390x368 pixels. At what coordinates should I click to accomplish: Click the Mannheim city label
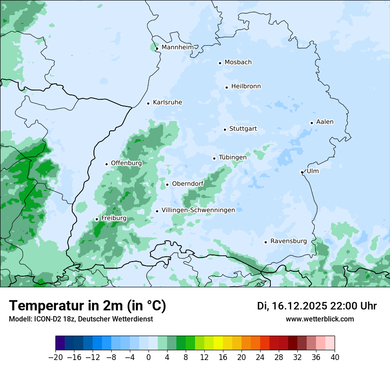(x=177, y=47)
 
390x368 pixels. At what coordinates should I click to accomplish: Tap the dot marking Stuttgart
(x=225, y=129)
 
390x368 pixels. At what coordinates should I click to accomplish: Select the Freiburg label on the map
(x=114, y=218)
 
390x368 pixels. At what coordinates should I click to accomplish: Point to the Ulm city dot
(x=302, y=172)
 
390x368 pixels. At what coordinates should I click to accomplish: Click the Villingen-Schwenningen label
(x=198, y=210)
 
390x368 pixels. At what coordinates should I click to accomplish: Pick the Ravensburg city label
(x=289, y=241)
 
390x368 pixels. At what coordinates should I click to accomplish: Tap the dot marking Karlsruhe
(x=148, y=103)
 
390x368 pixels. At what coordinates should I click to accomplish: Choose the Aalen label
(x=325, y=122)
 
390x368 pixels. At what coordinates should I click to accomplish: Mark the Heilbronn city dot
(x=226, y=87)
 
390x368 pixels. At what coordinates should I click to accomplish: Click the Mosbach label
(x=238, y=62)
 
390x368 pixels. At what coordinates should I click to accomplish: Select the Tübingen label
(x=233, y=157)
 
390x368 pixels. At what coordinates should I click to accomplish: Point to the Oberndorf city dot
(x=167, y=184)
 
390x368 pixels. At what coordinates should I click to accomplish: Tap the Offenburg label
(x=126, y=163)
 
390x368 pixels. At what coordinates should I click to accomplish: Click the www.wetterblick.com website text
(x=320, y=319)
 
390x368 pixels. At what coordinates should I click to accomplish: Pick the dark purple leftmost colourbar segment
(x=60, y=343)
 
